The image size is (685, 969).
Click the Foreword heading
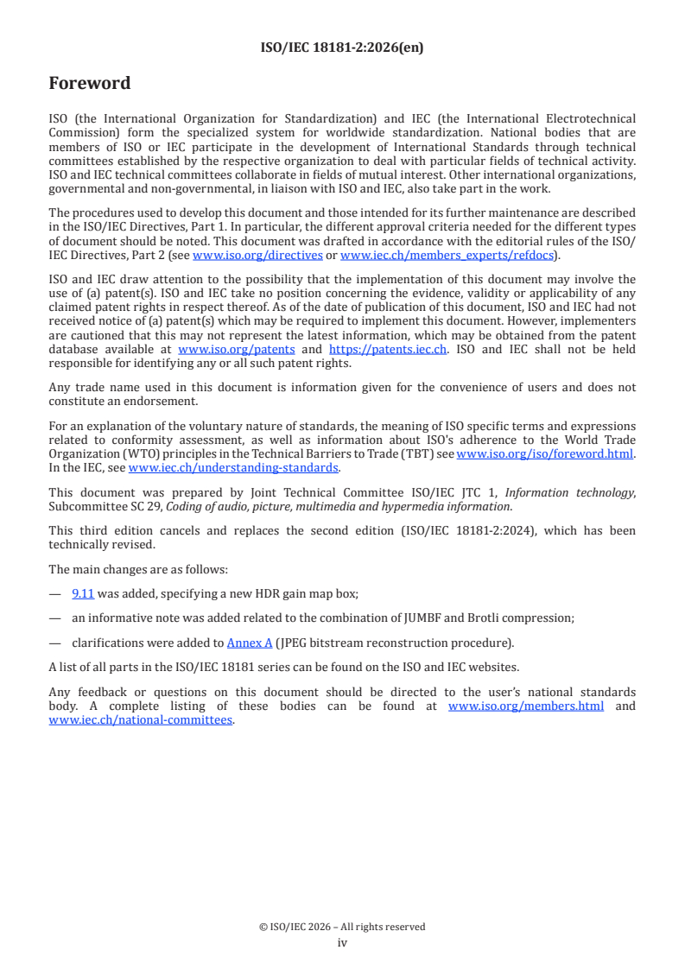(x=90, y=84)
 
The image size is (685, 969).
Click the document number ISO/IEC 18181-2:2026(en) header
(x=342, y=48)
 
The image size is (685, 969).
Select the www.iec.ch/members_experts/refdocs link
(x=447, y=256)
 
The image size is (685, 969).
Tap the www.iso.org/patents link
(x=237, y=349)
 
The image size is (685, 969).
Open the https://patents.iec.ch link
(x=388, y=349)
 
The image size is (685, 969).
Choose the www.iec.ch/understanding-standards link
(x=233, y=467)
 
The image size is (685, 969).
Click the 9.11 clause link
(x=83, y=593)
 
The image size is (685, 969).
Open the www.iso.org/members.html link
(x=526, y=706)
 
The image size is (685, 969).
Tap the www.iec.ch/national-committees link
(x=141, y=720)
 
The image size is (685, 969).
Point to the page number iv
(x=342, y=942)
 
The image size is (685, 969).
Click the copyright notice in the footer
(x=342, y=927)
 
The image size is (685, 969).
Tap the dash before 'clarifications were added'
(x=55, y=643)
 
